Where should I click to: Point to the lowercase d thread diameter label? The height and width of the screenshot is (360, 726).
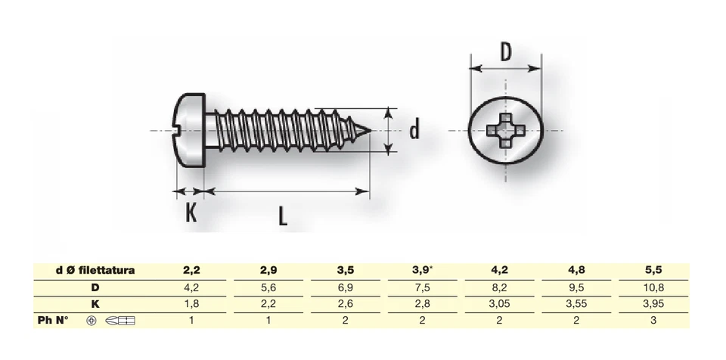(414, 131)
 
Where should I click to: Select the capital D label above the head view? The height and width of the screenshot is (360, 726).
(507, 53)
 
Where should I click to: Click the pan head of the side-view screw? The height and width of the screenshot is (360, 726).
(190, 131)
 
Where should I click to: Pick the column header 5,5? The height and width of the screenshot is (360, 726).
(654, 271)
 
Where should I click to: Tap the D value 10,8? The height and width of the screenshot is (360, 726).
(654, 287)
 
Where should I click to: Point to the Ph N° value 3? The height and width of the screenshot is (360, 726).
(654, 321)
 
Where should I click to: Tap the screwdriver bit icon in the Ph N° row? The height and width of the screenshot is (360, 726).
(121, 321)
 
